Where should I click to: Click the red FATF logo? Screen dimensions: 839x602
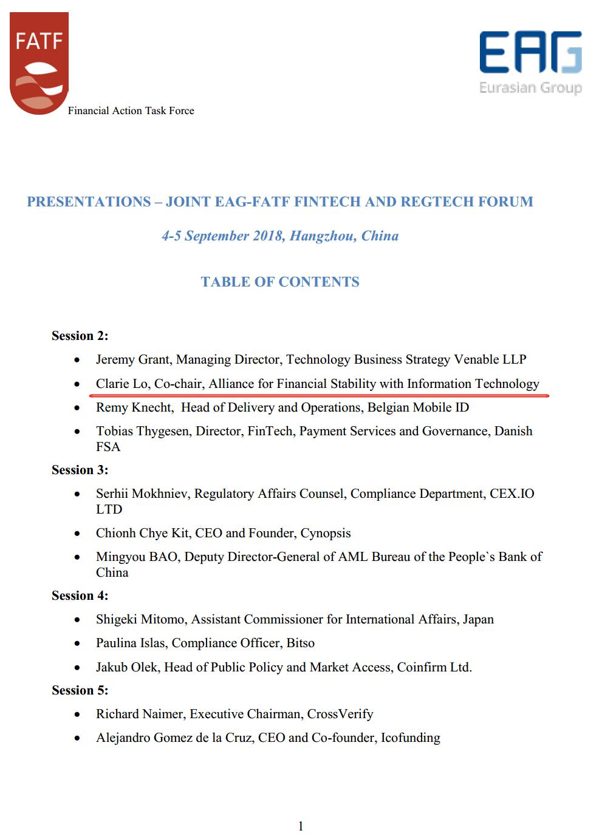tap(39, 63)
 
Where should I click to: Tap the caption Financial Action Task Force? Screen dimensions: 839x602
tap(131, 110)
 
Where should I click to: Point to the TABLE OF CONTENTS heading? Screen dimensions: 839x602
tap(280, 282)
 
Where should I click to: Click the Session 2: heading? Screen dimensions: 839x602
tap(80, 336)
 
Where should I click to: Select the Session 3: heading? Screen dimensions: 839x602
tap(80, 470)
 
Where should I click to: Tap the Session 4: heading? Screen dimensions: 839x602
tap(80, 596)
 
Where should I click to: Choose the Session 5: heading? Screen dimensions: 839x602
tap(80, 690)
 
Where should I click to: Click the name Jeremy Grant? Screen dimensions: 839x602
tap(133, 359)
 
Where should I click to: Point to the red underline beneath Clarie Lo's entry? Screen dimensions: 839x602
tap(319, 395)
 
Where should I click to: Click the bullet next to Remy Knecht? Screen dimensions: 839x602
tap(77, 408)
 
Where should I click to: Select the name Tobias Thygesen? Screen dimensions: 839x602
tap(143, 431)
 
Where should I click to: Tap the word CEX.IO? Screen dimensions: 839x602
tap(512, 494)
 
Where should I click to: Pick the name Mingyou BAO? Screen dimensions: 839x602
tap(137, 557)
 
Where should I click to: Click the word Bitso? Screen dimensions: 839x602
tap(300, 643)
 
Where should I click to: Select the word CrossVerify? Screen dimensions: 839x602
tap(340, 714)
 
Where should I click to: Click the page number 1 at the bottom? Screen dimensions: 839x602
tap(301, 826)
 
